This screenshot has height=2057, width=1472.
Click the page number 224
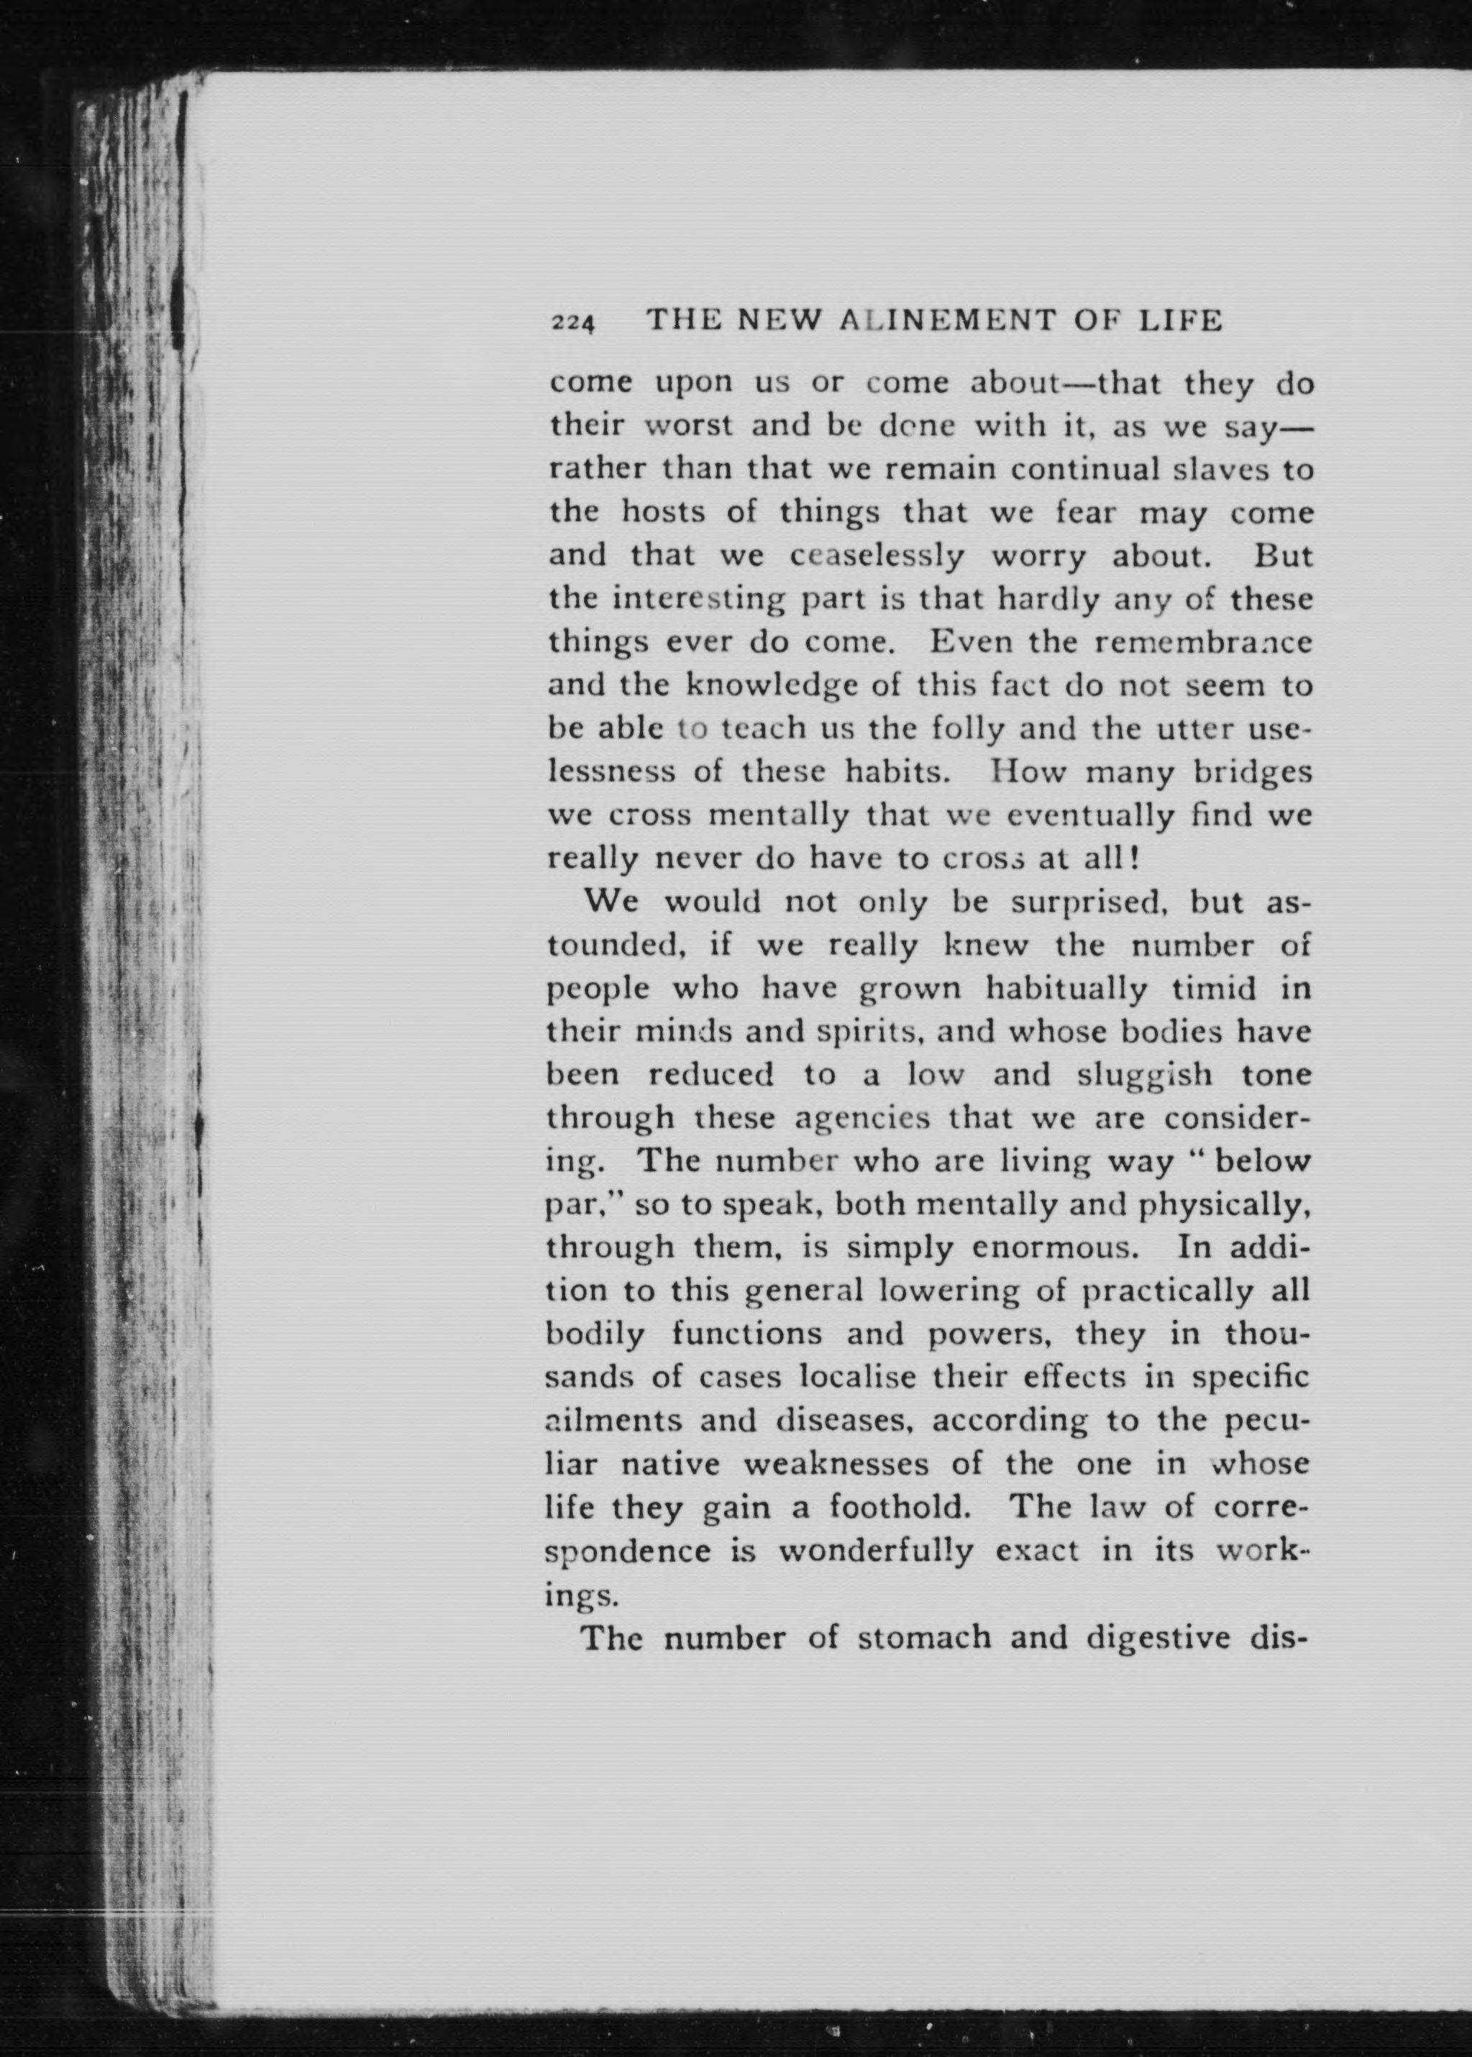pos(572,324)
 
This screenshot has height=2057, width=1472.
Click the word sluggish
pos(1145,1076)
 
